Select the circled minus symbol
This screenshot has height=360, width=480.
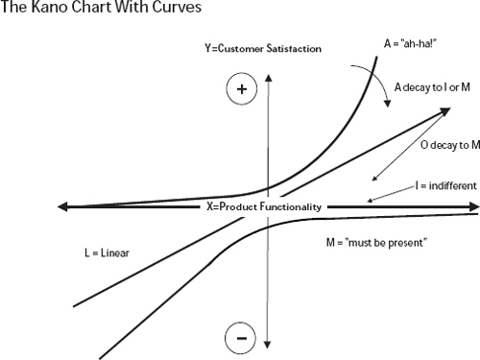pos(241,338)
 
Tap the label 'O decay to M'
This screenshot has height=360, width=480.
pos(449,145)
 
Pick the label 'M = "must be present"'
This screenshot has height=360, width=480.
pos(376,243)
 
